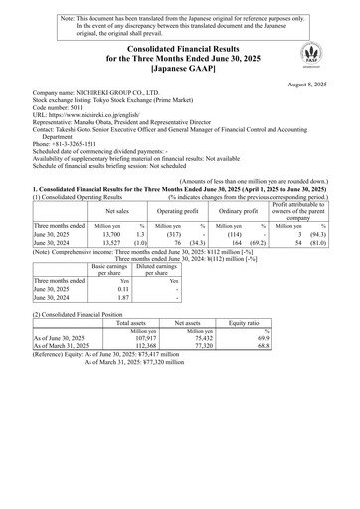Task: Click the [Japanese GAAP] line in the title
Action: pos(180,70)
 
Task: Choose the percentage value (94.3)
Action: pos(339,235)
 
